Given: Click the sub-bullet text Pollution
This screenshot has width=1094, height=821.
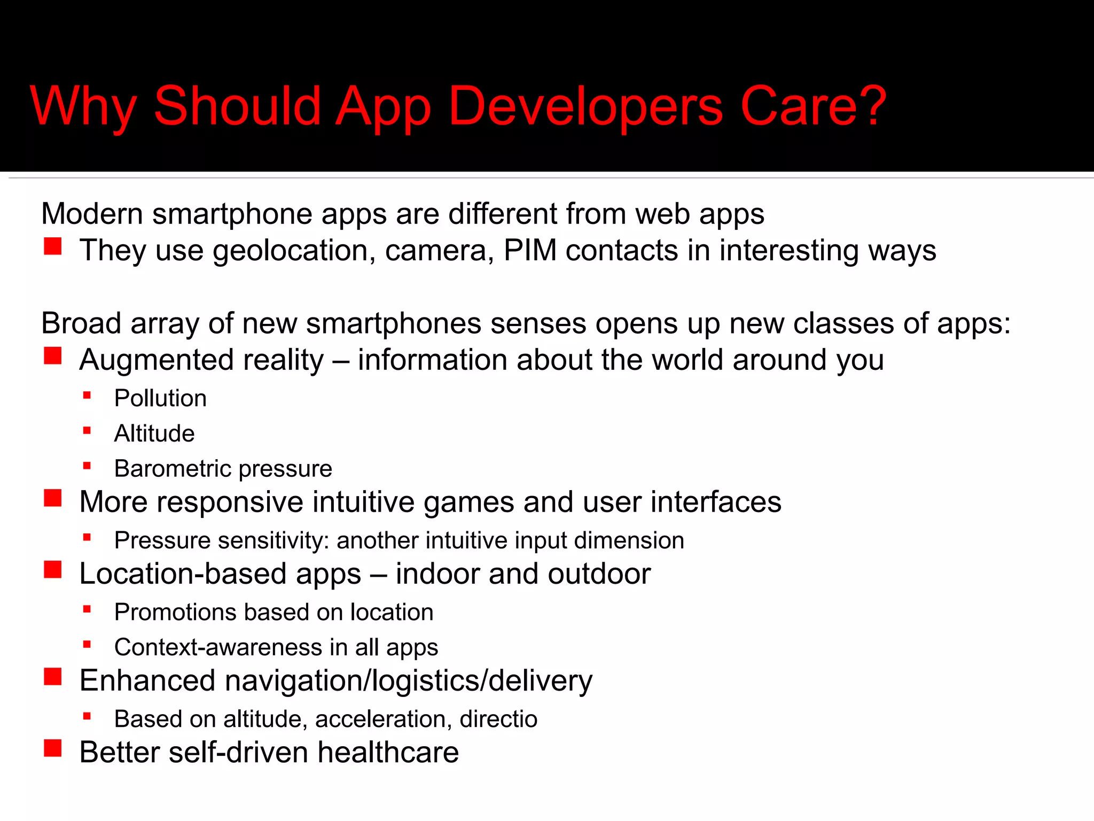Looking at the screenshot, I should click(x=160, y=398).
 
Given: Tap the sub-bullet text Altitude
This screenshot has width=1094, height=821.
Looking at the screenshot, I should click(x=154, y=433).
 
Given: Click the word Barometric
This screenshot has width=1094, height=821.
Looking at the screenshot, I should click(x=172, y=469).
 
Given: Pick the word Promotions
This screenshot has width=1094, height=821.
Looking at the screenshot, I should click(x=175, y=612).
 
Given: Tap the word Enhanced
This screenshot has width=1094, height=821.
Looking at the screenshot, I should click(x=147, y=680).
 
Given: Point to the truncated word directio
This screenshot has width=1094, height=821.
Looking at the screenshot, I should click(x=498, y=719).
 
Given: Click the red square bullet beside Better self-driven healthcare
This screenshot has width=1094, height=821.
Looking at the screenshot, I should click(x=53, y=748).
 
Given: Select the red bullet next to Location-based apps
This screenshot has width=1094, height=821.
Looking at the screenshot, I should click(x=53, y=570).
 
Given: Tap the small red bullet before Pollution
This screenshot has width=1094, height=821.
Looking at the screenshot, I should click(x=87, y=396).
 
